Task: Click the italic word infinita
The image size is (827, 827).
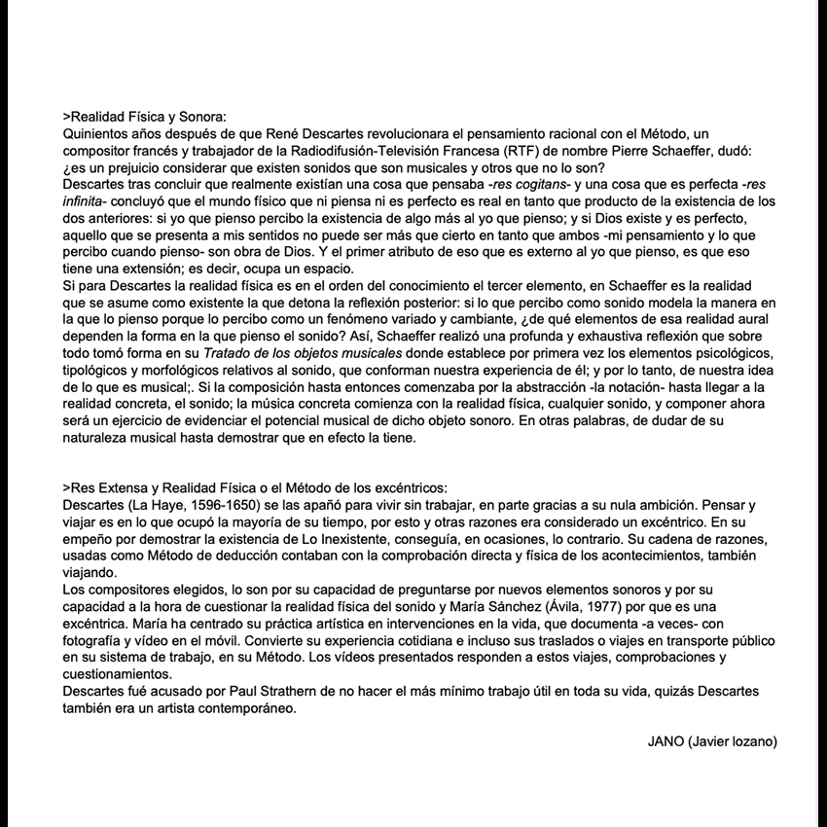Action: coord(85,199)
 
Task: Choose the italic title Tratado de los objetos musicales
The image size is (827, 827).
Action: coord(302,351)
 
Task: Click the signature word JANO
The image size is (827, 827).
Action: coord(665,741)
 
